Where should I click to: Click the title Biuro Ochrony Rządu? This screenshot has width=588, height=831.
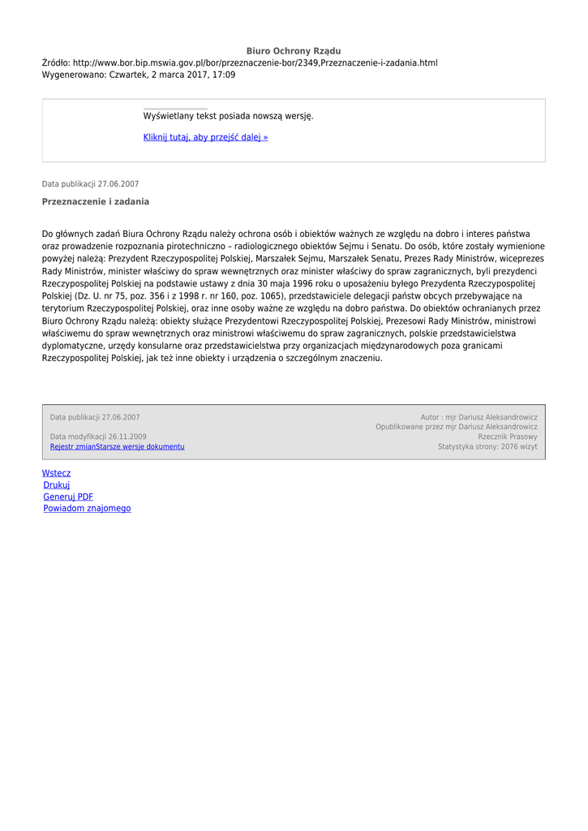click(x=294, y=51)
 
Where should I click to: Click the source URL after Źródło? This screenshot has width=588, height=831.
click(x=255, y=62)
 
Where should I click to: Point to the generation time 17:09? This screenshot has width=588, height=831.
click(x=225, y=75)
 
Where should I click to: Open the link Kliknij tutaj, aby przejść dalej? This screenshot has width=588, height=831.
click(x=205, y=137)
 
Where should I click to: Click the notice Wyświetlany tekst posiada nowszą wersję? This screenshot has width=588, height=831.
click(x=228, y=116)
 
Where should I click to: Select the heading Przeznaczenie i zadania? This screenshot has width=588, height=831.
click(x=96, y=201)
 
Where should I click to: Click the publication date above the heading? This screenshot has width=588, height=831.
click(x=90, y=184)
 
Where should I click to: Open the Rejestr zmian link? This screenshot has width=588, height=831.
click(x=73, y=446)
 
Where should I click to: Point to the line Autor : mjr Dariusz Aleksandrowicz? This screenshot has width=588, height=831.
click(x=479, y=417)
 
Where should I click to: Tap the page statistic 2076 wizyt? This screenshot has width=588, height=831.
click(x=518, y=446)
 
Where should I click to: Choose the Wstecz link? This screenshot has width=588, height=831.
click(x=56, y=473)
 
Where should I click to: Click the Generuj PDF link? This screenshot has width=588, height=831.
click(x=68, y=497)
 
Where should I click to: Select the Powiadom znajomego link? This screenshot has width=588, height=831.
click(x=87, y=509)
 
